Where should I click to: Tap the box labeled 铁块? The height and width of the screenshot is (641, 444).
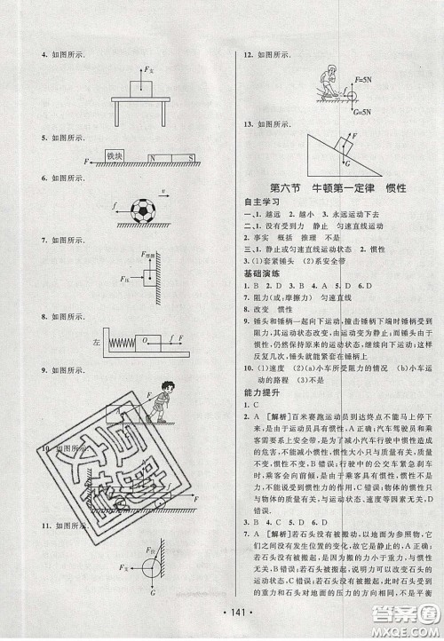coord(113,158)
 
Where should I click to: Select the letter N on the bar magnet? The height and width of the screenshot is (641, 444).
coord(151,159)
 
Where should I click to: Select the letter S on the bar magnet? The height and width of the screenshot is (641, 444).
coord(189,159)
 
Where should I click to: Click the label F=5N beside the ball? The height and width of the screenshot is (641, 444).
coord(340,79)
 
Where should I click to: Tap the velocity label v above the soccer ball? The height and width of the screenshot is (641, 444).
coord(164,190)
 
